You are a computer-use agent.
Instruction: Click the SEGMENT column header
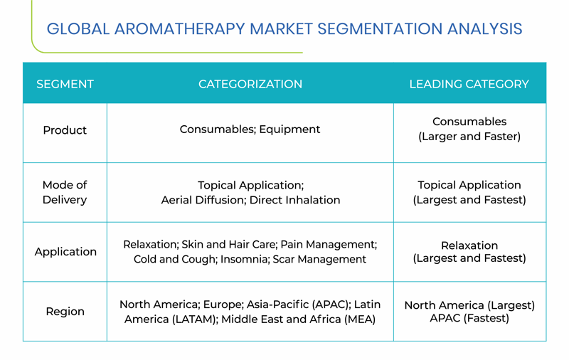65,84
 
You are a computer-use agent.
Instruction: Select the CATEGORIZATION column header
250,84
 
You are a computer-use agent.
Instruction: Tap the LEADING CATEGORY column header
469,84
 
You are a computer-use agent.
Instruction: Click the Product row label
65,130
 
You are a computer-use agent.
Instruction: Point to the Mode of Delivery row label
65,192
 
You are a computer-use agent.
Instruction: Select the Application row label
65,252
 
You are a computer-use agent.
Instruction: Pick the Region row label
65,312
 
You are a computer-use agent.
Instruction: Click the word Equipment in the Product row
289,129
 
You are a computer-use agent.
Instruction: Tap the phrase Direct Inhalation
294,200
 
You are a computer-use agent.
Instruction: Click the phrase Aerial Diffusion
203,200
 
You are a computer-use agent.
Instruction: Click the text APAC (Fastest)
469,318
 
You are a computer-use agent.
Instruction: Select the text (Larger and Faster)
469,137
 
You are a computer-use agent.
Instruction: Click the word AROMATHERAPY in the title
180,29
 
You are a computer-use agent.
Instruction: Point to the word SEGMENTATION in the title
380,29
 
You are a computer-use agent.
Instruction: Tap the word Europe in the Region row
223,305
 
